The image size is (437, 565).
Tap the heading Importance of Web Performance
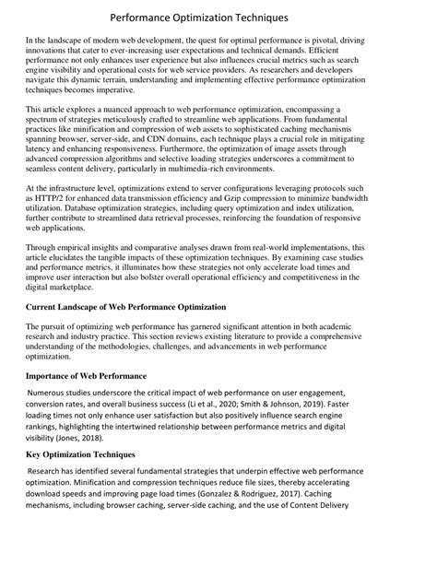pos(86,376)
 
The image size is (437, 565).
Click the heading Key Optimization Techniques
pos(81,454)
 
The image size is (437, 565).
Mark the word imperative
pos(114,91)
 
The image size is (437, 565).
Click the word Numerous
pos(52,394)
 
